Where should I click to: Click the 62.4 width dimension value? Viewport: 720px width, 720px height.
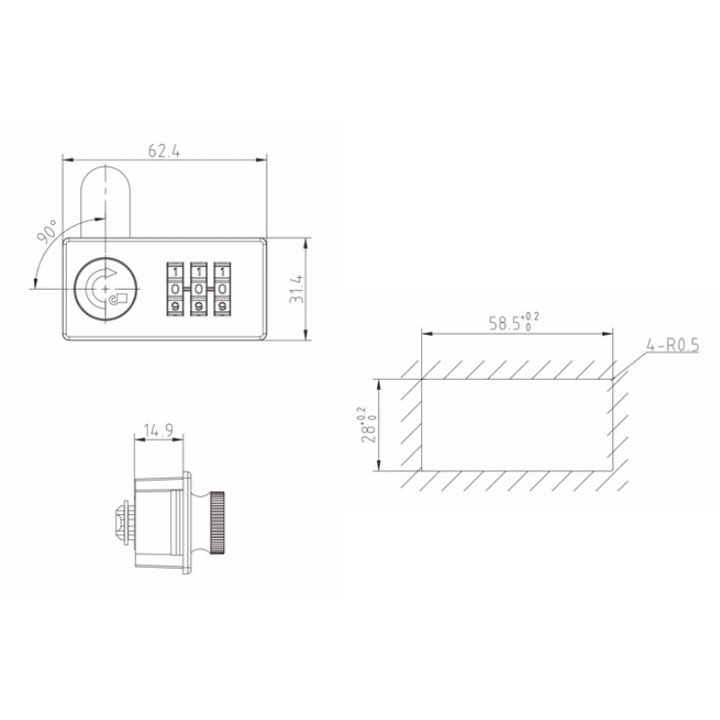click(164, 152)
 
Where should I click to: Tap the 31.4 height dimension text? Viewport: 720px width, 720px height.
click(295, 289)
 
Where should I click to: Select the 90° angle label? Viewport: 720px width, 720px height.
click(48, 231)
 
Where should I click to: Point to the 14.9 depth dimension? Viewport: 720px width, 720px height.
click(159, 431)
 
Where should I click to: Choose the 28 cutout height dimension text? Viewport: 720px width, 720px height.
click(366, 424)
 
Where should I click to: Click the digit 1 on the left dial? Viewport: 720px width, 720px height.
click(175, 271)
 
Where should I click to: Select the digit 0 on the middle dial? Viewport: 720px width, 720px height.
click(197, 289)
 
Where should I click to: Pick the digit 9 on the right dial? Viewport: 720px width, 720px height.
click(220, 307)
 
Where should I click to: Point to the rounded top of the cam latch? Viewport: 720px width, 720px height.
click(107, 171)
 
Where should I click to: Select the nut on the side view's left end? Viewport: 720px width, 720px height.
click(123, 522)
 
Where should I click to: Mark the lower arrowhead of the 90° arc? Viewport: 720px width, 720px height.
click(33, 287)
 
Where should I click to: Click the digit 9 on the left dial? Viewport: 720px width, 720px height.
click(175, 307)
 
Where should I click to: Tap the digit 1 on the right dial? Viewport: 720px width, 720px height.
click(220, 271)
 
